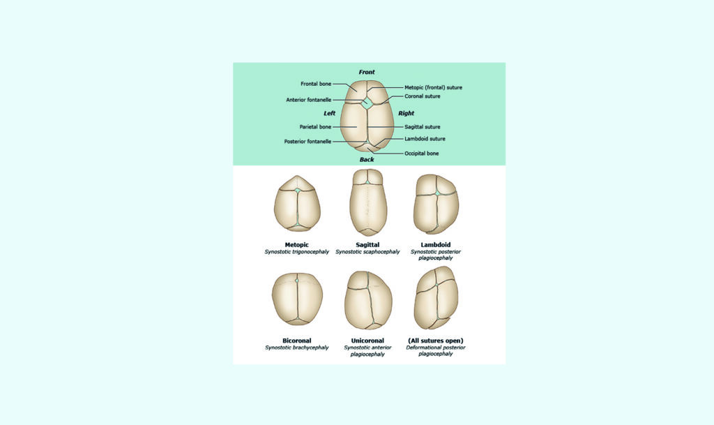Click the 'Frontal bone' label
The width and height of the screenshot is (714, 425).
[316, 84]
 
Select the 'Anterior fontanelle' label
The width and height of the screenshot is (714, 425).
[308, 100]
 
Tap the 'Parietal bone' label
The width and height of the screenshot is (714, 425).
[315, 126]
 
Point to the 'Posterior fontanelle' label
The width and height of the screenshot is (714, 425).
[307, 142]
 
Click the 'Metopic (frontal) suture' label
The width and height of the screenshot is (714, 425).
[433, 87]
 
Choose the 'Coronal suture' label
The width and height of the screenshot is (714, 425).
[422, 96]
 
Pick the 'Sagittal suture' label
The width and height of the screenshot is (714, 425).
[422, 126]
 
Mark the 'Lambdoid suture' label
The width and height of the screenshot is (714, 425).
[425, 138]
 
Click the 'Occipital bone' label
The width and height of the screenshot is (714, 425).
[422, 154]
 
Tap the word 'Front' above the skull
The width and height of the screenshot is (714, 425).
[367, 72]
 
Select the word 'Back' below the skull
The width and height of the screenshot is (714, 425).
[367, 159]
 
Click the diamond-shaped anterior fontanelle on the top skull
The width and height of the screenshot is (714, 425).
[368, 102]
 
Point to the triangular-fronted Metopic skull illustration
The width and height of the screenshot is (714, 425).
[297, 203]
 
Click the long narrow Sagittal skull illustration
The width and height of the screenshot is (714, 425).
[368, 202]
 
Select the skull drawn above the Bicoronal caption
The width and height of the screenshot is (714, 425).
[297, 299]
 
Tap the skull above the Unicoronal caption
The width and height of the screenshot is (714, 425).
[368, 300]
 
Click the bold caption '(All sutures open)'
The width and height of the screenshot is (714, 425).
[435, 341]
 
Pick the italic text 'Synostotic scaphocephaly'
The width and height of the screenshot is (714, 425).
[367, 251]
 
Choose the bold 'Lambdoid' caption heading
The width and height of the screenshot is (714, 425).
[435, 245]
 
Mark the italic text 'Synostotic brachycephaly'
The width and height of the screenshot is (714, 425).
[297, 348]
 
